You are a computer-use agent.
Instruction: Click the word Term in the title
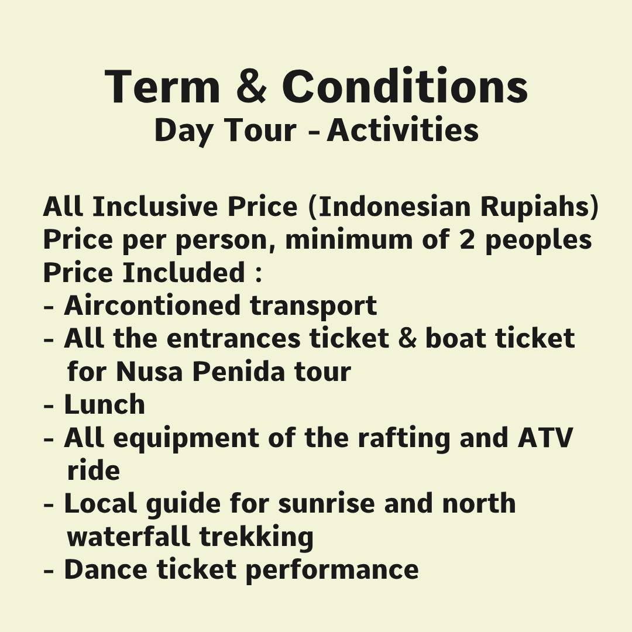tap(163, 87)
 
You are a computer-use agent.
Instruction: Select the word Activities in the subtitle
tap(403, 130)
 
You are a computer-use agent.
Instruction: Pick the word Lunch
tap(104, 404)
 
